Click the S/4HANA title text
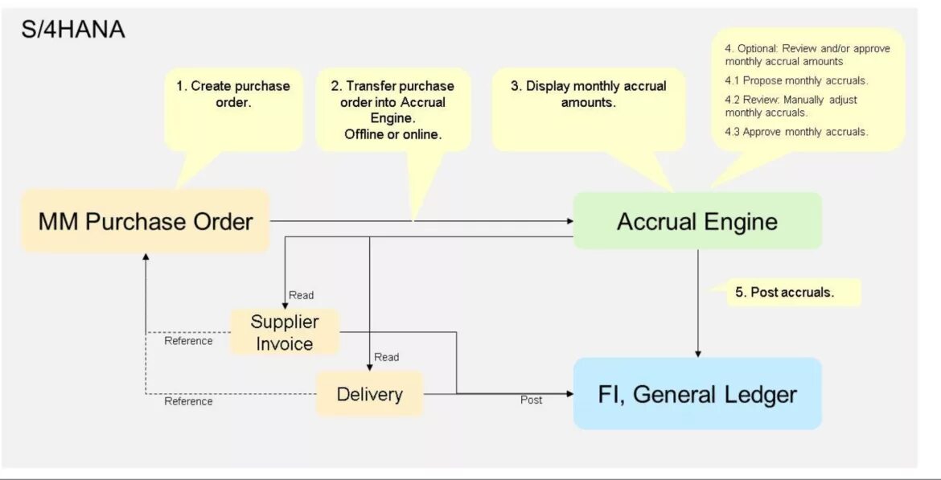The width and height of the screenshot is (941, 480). click(72, 31)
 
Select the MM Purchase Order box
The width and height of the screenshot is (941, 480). click(146, 221)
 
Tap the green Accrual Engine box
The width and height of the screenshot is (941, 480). click(697, 221)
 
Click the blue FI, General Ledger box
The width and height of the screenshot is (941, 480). click(697, 394)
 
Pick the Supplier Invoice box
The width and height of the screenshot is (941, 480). click(284, 332)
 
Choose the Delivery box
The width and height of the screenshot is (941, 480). click(369, 394)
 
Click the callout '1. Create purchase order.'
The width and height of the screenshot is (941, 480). click(232, 94)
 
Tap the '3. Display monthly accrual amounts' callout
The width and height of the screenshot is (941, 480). click(588, 94)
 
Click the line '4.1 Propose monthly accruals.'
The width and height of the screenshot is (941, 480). click(796, 80)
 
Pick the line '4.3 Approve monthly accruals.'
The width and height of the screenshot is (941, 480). click(796, 132)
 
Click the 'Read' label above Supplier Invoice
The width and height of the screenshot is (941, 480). click(302, 295)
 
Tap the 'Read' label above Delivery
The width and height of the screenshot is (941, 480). click(386, 357)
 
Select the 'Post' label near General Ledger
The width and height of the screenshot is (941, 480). click(531, 400)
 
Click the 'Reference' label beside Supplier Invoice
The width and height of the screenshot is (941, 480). click(188, 341)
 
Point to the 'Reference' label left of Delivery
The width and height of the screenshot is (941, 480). click(188, 401)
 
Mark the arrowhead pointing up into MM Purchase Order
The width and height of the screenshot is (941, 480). click(146, 257)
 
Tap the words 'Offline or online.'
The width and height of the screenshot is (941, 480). click(392, 134)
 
